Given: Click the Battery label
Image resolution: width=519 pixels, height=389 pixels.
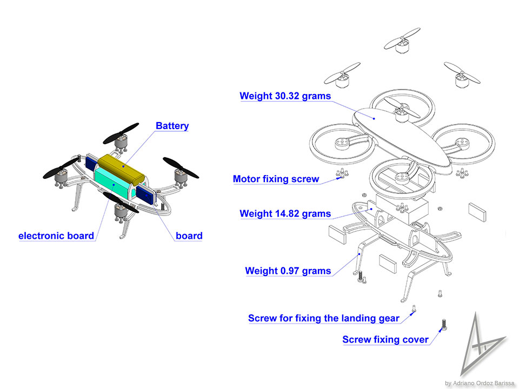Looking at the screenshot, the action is click(x=172, y=126).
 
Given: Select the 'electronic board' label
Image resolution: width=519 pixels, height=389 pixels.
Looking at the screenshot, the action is click(x=56, y=236).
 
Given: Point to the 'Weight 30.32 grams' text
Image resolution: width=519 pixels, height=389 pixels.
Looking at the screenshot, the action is click(x=285, y=96).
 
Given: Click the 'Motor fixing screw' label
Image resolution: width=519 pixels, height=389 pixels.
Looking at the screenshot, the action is click(x=276, y=179).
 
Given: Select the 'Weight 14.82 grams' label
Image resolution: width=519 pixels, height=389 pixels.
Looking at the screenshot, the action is click(x=285, y=214).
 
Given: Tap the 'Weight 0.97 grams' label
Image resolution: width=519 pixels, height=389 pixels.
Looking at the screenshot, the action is click(x=288, y=271).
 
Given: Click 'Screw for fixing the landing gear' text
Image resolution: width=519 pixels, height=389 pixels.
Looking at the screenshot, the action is click(x=324, y=318).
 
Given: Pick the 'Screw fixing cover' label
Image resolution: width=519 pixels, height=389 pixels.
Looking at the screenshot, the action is click(x=385, y=340).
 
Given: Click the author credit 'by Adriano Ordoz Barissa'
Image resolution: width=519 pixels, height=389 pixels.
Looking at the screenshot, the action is click(x=480, y=383).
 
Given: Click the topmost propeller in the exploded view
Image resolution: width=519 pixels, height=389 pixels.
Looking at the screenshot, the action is click(x=402, y=39).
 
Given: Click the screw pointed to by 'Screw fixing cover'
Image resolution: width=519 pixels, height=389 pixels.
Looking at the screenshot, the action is click(x=444, y=324).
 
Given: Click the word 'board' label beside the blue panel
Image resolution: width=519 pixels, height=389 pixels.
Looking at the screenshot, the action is click(x=189, y=236).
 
